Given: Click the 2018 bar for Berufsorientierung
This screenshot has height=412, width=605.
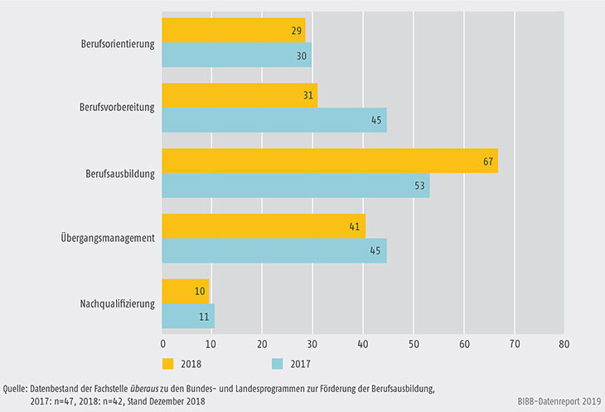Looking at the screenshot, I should [x=234, y=31].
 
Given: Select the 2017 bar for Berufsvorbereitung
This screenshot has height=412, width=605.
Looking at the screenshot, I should [x=274, y=120].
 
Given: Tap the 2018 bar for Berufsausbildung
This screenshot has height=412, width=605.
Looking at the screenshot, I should [x=330, y=161].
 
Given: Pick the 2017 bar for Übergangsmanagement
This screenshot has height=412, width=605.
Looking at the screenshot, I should [x=274, y=250].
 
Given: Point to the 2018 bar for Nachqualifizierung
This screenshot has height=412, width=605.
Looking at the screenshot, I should [x=186, y=291].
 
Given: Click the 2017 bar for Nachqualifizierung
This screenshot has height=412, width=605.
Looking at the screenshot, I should [x=189, y=316].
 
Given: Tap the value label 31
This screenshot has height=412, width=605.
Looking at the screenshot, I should [x=308, y=96].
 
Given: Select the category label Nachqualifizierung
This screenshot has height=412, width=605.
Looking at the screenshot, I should [x=117, y=303].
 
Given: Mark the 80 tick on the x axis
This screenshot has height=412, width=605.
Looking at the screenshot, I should [x=564, y=342].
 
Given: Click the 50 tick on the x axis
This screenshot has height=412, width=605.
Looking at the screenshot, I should [x=414, y=342].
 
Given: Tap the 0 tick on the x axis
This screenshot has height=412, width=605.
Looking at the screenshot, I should [x=162, y=342].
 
